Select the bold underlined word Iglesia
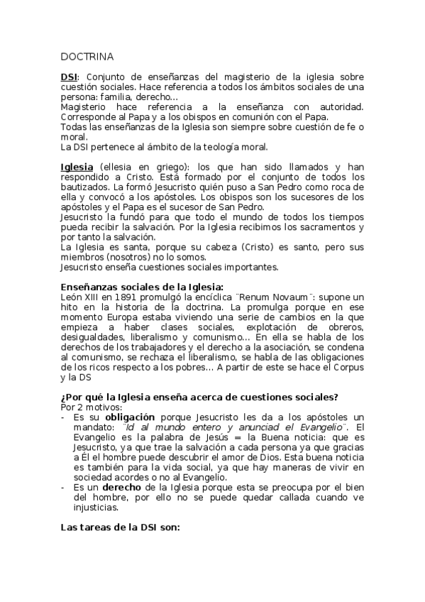[77, 167]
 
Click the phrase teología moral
[234, 147]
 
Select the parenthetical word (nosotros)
[135, 256]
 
